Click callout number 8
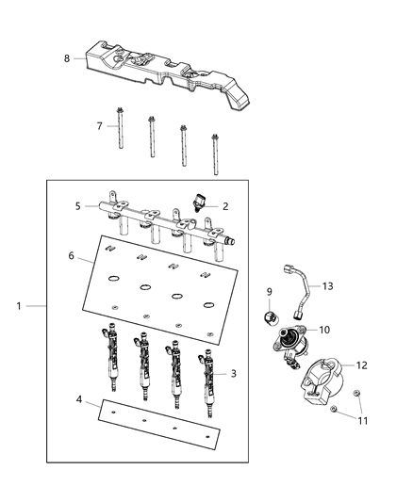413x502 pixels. click(67, 58)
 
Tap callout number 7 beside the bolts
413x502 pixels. click(99, 125)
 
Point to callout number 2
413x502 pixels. click(225, 205)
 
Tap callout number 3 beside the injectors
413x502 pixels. click(233, 373)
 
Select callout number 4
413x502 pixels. click(79, 400)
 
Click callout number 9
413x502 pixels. click(268, 291)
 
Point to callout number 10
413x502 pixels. click(323, 330)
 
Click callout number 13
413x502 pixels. click(328, 285)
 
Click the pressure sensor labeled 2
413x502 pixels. click(200, 202)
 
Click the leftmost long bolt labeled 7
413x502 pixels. click(122, 141)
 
